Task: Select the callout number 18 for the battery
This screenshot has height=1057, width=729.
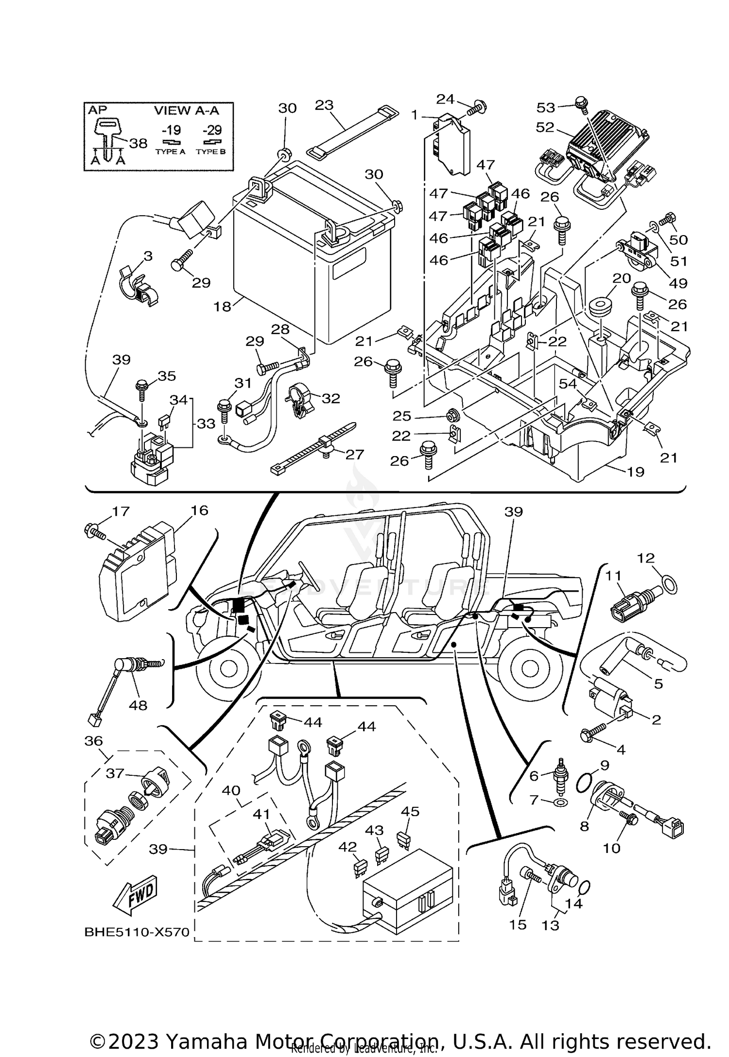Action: tap(223, 307)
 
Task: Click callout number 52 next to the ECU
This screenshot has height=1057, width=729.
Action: tap(545, 127)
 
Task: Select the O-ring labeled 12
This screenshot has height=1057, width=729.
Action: tap(670, 585)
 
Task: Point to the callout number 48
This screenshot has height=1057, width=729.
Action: tap(138, 705)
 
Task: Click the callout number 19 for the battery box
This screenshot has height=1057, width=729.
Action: tap(636, 471)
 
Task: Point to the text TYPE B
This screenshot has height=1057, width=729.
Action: tap(210, 152)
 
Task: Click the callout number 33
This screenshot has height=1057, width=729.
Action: tap(206, 424)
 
